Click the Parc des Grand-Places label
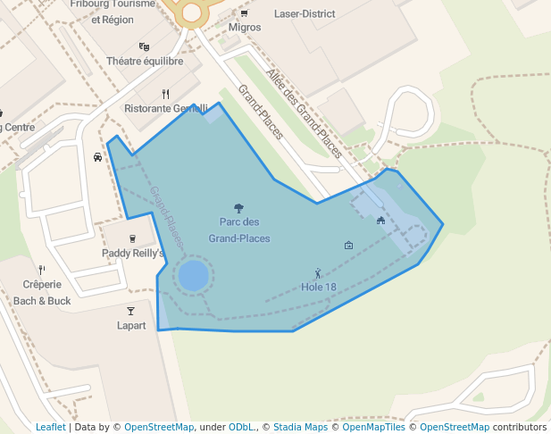[239, 230]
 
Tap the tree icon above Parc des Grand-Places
[238, 207]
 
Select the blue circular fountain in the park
[194, 275]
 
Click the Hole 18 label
[319, 287]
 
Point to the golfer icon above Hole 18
[318, 273]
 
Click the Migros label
[245, 28]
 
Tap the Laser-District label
[305, 14]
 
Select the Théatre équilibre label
[145, 62]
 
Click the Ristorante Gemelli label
[166, 108]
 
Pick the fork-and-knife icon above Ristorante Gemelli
[165, 94]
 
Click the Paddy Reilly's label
[133, 253]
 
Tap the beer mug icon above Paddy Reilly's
[133, 238]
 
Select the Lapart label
[131, 325]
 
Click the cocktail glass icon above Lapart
[130, 311]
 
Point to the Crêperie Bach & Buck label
[42, 293]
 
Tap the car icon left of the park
[97, 157]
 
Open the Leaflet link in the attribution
[50, 427]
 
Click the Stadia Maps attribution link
[298, 427]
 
